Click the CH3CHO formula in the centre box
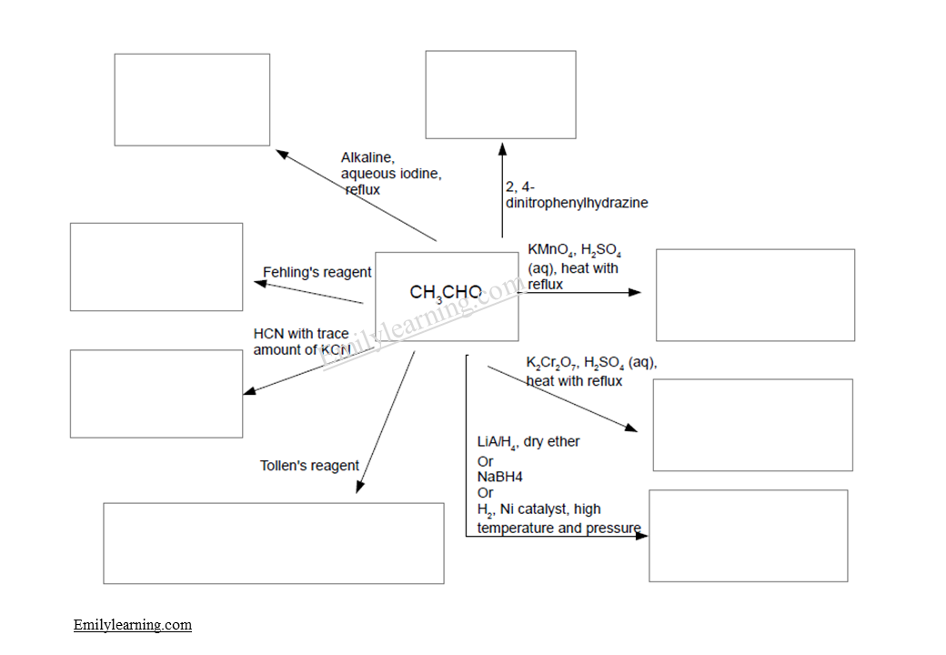446,293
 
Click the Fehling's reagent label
317,272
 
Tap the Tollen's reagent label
309,466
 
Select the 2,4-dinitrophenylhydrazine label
576,196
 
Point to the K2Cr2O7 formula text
551,363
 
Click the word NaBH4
499,477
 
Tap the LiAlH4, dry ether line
528,442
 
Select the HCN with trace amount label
302,342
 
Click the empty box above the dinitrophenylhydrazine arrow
500,95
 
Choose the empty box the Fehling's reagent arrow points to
156,267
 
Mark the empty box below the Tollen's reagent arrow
273,543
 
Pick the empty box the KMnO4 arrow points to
755,295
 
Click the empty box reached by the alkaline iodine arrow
192,99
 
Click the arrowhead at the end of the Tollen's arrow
359,488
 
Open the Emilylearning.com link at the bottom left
133,625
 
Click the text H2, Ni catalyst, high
538,509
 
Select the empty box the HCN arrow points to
156,393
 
